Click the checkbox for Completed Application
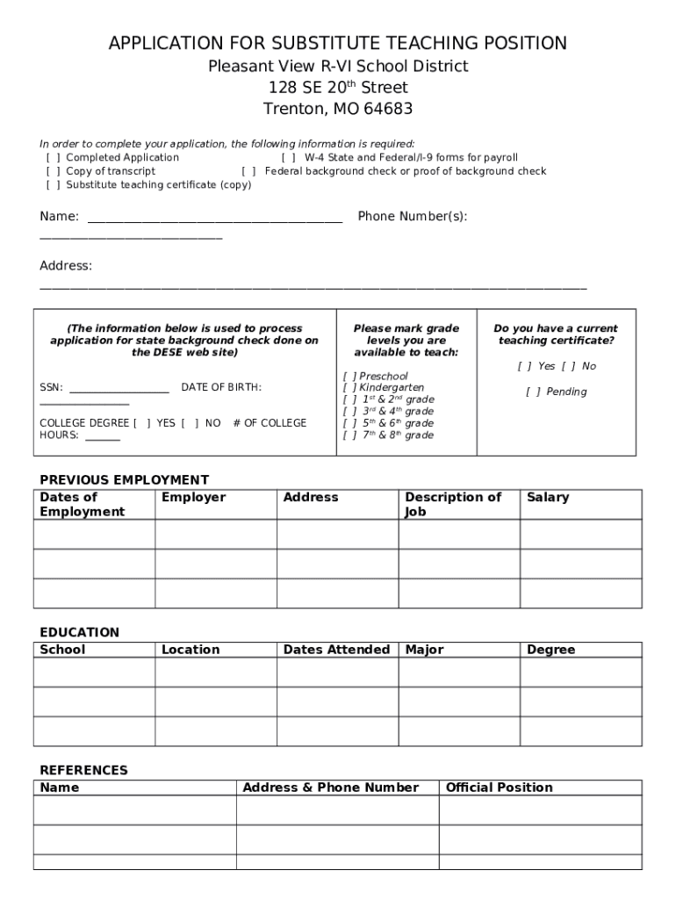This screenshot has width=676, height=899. click(x=53, y=158)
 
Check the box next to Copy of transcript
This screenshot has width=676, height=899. click(x=53, y=171)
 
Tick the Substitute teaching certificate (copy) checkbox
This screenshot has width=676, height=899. click(x=53, y=185)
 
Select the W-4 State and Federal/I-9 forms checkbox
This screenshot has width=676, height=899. click(x=288, y=158)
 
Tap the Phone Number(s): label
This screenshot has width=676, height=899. click(x=412, y=217)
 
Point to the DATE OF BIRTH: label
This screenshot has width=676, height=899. click(x=221, y=387)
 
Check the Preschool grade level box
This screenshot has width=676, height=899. click(x=349, y=377)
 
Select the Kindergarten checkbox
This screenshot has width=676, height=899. click(x=349, y=388)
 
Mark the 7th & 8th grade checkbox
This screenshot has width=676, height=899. click(x=349, y=435)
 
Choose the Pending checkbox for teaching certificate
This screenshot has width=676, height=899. click(x=533, y=392)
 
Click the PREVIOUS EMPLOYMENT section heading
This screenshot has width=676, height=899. click(x=124, y=479)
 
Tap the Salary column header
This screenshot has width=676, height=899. click(x=547, y=497)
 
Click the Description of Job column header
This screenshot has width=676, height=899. click(x=452, y=504)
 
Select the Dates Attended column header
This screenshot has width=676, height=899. click(x=336, y=650)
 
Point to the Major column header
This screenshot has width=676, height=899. click(x=424, y=650)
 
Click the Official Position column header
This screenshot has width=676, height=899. click(x=499, y=788)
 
